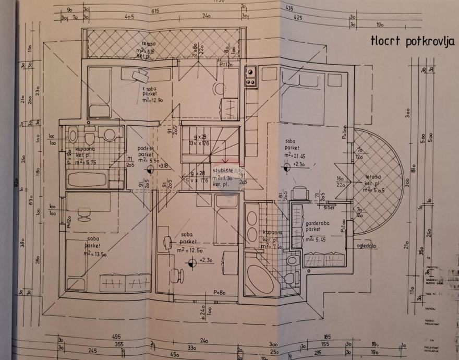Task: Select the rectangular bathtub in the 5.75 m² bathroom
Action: (88, 180)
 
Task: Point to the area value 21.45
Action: (298, 155)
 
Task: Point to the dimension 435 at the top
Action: (289, 9)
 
